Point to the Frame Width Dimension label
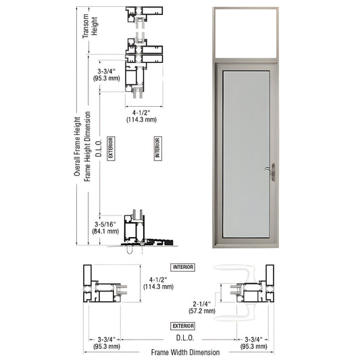[185, 352]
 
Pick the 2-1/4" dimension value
[201, 304]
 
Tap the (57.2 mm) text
[201, 311]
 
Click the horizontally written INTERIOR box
[182, 267]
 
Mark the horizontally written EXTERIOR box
[182, 326]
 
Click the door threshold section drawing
[138, 232]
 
